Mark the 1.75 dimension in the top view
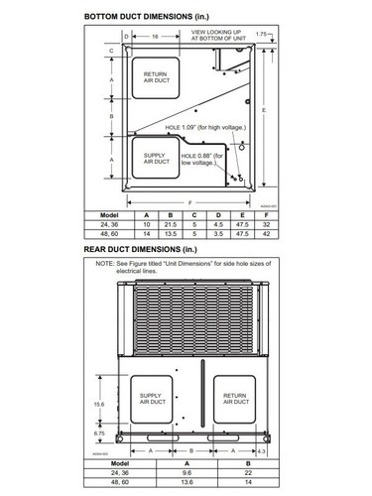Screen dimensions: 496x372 pos(261,35)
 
